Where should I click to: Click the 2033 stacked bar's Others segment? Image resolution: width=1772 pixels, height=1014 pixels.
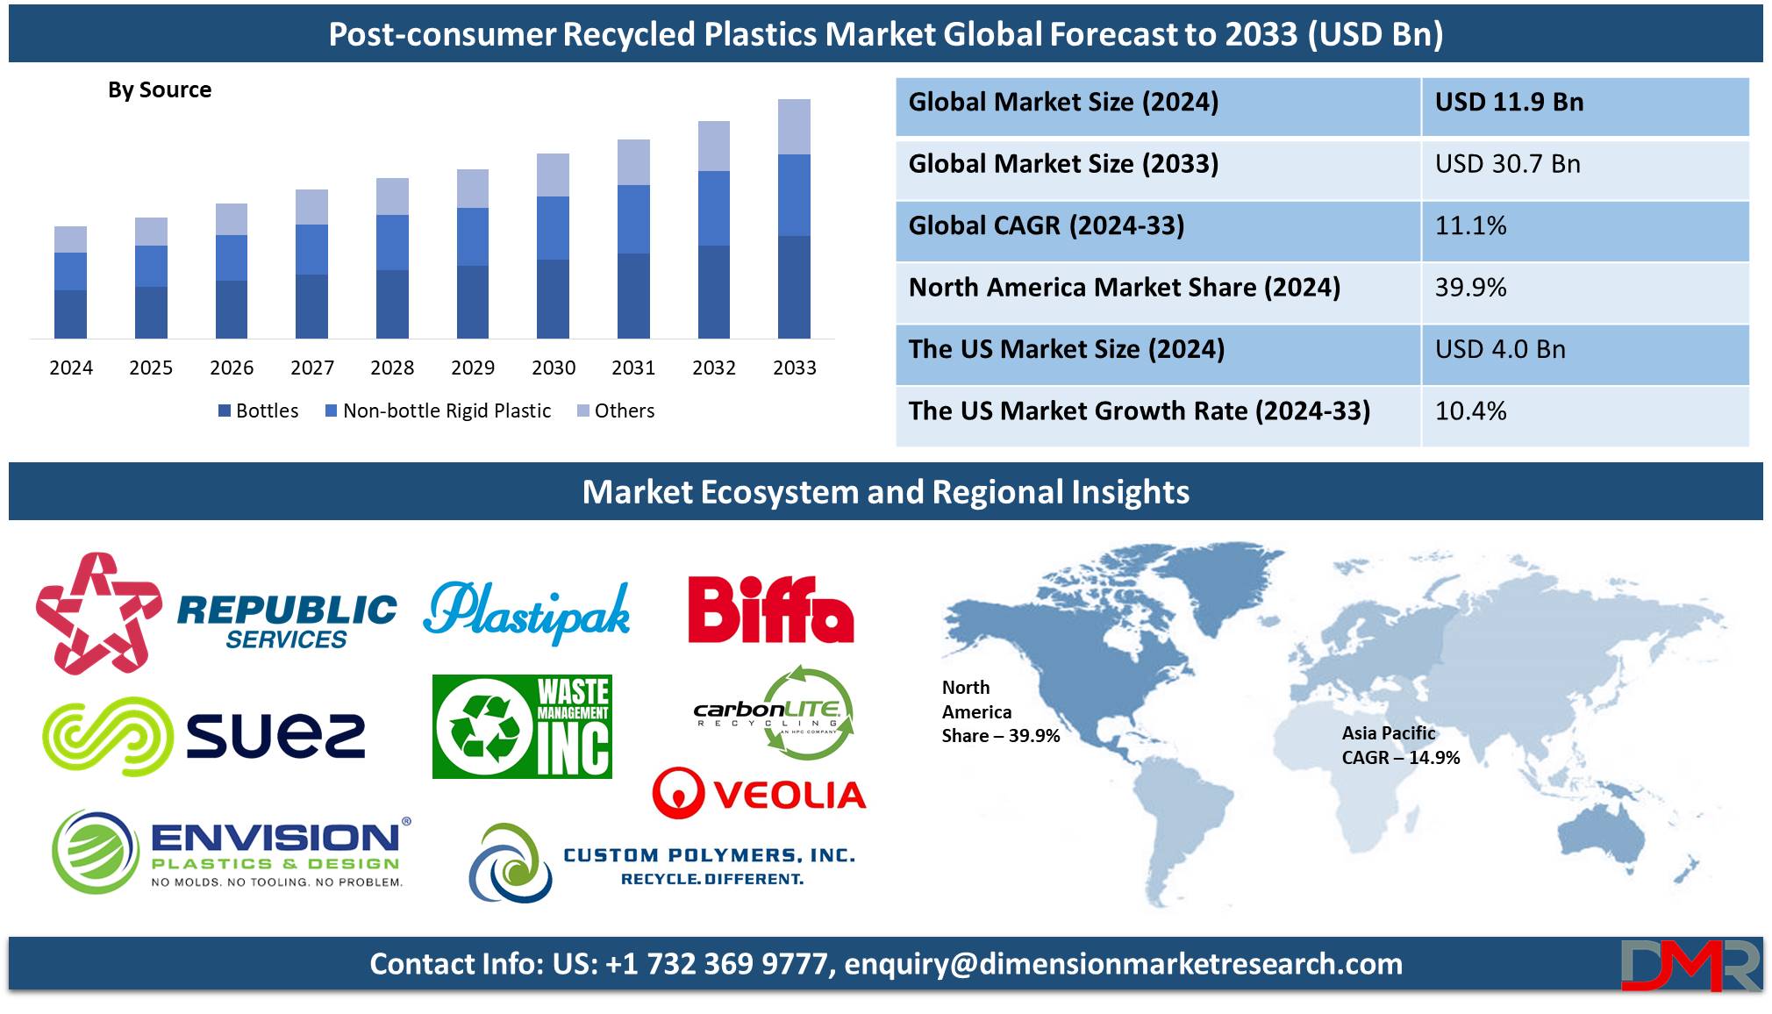pos(794,127)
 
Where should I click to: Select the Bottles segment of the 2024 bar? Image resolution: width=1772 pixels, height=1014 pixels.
pos(70,314)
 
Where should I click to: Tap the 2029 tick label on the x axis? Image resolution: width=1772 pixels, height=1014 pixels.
pos(473,368)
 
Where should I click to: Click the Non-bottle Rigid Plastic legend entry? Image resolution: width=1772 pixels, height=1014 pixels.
pos(438,411)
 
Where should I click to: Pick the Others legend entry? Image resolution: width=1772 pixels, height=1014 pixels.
pos(616,411)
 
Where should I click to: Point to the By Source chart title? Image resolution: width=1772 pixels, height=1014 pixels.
pos(160,89)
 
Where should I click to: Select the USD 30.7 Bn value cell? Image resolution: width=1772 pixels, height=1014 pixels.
pos(1507,164)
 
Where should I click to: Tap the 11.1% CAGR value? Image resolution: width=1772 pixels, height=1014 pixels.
pos(1470,225)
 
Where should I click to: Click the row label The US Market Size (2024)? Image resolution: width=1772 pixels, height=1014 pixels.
pos(1066,349)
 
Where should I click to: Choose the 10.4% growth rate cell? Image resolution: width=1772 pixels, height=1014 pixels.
pos(1470,411)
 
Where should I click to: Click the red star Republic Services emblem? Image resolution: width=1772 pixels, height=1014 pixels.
pos(98,613)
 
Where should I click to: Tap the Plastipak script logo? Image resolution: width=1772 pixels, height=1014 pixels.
pos(526,611)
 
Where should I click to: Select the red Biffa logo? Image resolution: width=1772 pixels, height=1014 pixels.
pos(770,610)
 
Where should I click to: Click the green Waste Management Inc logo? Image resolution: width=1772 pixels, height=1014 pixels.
pos(522,726)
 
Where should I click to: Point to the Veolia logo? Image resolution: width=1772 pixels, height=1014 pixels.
pos(759,793)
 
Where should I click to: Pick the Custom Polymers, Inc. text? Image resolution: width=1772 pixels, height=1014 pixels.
pos(709,855)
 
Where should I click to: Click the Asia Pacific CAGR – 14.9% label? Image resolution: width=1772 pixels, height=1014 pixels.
pos(1401,746)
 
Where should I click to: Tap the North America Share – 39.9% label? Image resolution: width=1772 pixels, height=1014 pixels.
pos(1001,711)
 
